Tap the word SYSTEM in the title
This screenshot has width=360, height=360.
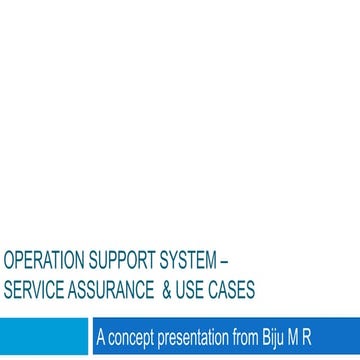click(x=184, y=263)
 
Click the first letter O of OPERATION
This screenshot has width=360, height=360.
click(x=9, y=263)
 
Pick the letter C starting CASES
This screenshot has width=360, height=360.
click(x=213, y=291)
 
